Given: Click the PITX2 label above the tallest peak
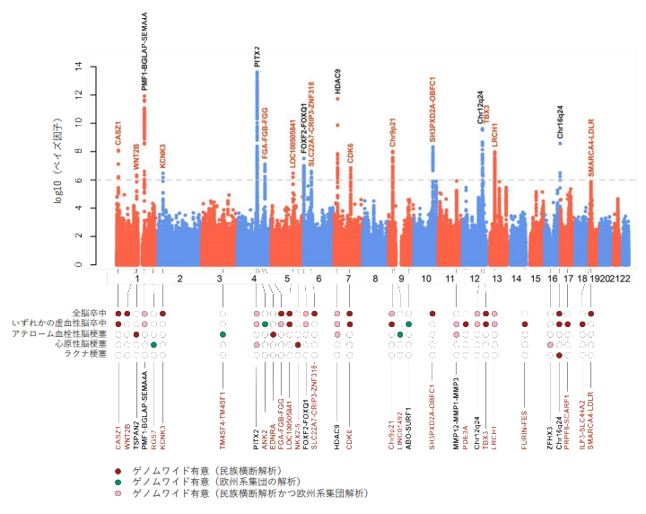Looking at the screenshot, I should coord(257,58).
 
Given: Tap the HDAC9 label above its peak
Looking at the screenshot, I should coord(337,82).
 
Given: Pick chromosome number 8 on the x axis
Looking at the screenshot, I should coord(376,279).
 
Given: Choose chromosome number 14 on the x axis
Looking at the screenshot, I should coord(516,279).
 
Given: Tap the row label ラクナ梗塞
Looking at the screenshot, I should coord(86,354).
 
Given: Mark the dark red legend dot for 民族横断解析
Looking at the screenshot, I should coord(118,471).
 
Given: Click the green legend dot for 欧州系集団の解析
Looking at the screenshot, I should coord(118,483).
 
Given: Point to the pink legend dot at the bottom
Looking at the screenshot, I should coord(118,493).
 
